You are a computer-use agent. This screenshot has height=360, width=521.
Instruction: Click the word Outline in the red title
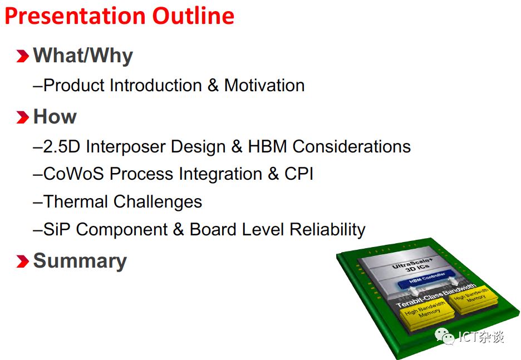click(193, 16)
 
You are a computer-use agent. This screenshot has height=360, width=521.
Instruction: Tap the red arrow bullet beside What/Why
click(23, 56)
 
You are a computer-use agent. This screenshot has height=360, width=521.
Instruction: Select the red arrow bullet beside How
click(23, 117)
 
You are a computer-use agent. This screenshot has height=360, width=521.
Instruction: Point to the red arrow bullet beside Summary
click(23, 261)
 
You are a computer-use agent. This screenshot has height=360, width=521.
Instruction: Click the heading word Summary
click(80, 262)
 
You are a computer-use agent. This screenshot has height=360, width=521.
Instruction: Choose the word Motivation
click(264, 85)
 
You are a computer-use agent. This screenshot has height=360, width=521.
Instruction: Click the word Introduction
click(156, 85)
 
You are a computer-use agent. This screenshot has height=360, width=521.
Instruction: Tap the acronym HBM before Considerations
click(268, 146)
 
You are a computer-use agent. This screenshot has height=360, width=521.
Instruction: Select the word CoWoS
click(74, 174)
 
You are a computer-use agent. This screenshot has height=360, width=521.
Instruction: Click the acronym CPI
click(299, 174)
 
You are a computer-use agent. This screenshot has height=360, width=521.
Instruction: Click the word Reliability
click(328, 230)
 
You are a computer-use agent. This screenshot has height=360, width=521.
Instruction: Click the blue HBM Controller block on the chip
click(426, 278)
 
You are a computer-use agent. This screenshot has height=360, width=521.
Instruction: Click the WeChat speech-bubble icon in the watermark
click(445, 337)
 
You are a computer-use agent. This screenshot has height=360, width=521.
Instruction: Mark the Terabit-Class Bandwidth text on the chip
click(436, 295)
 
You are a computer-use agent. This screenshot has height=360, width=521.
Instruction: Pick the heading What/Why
click(83, 56)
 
